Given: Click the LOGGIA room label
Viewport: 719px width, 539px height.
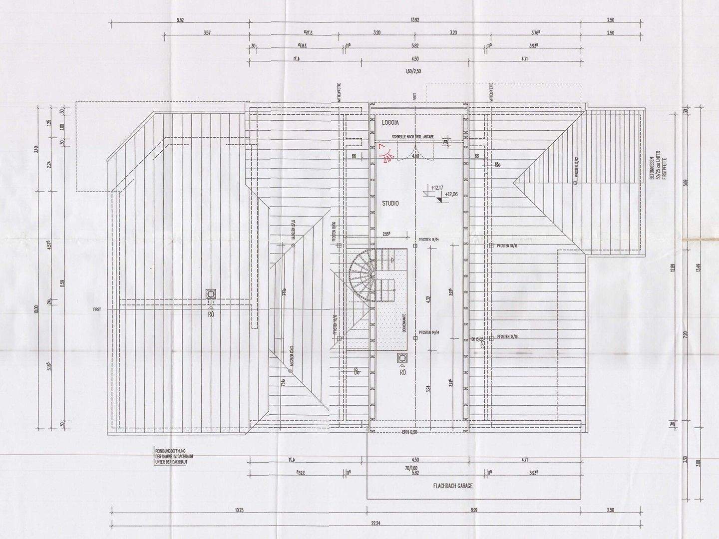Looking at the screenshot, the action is (x=390, y=122).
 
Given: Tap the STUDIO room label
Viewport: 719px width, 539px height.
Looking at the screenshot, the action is (x=390, y=204).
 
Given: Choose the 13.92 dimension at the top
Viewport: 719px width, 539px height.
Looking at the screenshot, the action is (x=414, y=20).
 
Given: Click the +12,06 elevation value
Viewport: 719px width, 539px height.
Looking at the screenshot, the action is (x=452, y=194).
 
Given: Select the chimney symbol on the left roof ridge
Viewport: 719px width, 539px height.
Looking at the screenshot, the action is (x=211, y=294).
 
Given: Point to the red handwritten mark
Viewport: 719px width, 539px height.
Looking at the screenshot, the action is (x=385, y=153).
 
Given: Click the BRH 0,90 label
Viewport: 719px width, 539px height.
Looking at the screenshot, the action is (x=409, y=432).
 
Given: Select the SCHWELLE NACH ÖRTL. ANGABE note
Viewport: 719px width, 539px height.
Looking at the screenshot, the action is (x=412, y=136).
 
